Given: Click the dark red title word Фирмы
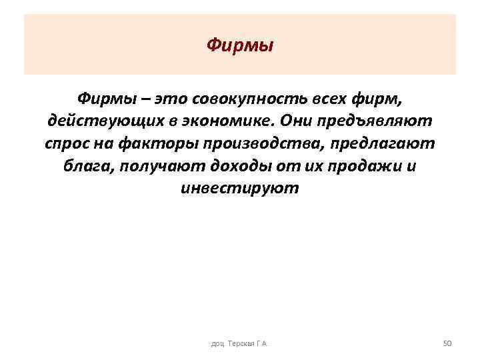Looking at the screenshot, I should click(x=240, y=46).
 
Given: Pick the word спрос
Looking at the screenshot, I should click(x=65, y=145).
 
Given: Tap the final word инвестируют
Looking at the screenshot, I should click(x=240, y=189).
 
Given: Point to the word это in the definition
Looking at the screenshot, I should click(x=171, y=99).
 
